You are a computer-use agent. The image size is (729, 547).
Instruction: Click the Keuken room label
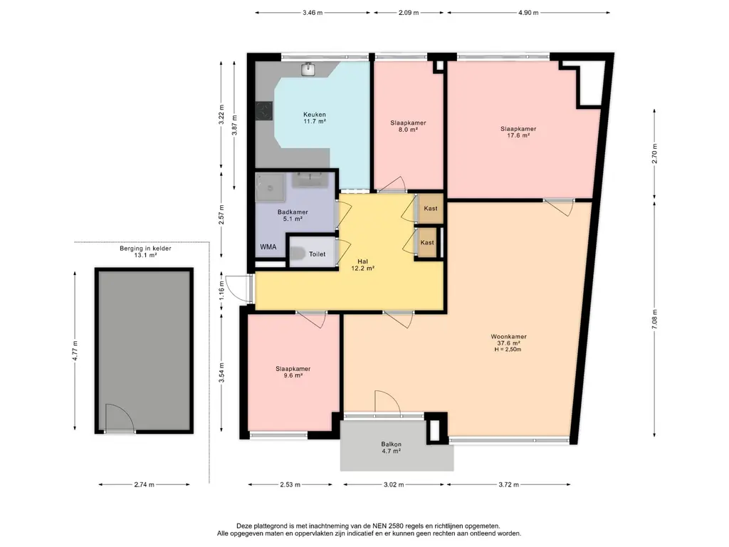point(314,118)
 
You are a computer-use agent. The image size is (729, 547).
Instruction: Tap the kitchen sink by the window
point(308,69)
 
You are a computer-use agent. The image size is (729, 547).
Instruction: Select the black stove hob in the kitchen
point(264,111)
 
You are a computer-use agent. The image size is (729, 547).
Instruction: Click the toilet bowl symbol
point(298,254)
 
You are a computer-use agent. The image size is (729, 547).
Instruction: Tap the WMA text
point(268,247)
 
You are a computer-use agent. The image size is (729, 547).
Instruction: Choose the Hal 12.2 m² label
point(363,265)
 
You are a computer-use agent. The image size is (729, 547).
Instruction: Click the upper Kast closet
point(431,209)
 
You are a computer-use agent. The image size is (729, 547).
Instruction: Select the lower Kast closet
point(427,242)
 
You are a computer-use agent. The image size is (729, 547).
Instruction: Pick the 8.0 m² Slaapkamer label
point(408,127)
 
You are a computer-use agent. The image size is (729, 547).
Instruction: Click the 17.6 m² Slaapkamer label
point(518,132)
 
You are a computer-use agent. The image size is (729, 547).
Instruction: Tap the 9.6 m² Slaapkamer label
point(293,372)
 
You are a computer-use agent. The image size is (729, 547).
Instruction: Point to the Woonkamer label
point(508,336)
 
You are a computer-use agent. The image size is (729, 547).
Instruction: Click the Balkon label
point(391,444)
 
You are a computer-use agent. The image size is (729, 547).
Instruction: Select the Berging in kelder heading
point(145,249)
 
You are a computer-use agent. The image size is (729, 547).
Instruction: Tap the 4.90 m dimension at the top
point(528,13)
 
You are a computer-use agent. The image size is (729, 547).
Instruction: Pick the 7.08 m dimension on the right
point(655,319)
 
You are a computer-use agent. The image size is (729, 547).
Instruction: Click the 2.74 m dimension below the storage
point(144,484)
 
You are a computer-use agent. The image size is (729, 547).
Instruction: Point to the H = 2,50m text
point(508,349)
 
